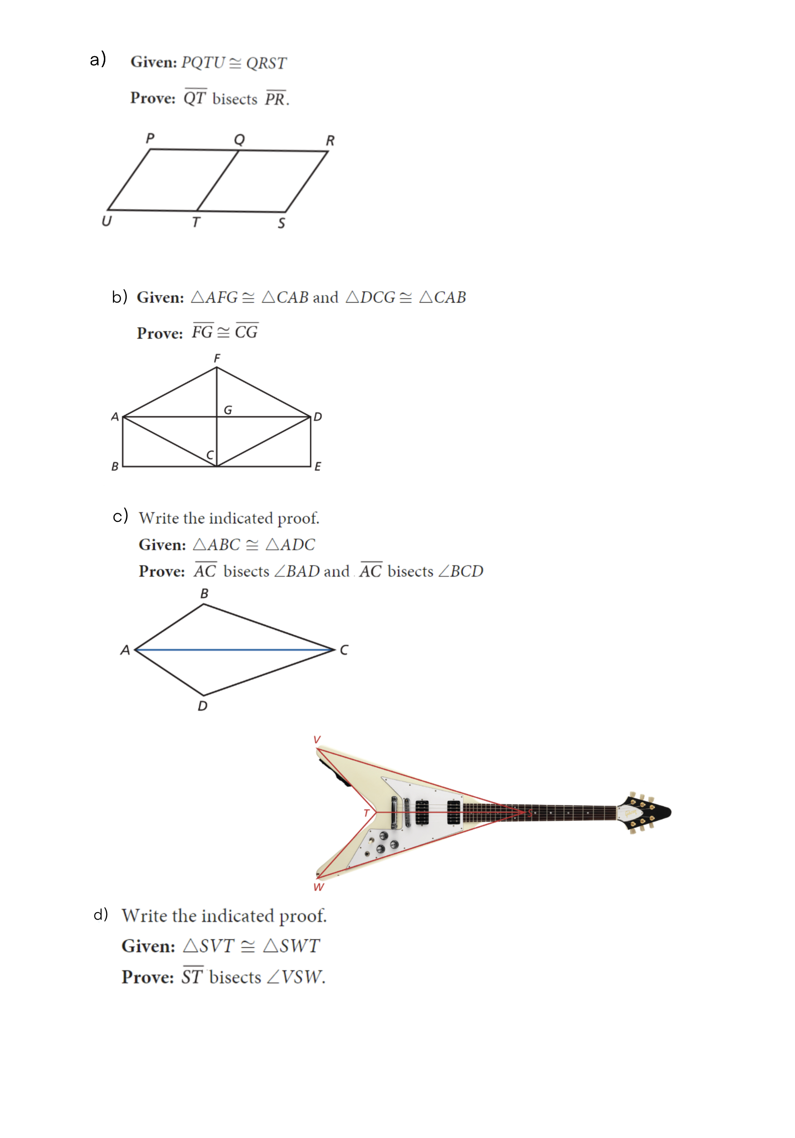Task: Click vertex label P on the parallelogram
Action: click(x=150, y=138)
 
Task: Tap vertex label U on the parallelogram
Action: click(x=107, y=221)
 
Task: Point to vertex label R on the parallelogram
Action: click(x=330, y=141)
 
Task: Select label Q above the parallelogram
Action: click(x=239, y=139)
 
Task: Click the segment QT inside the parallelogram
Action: click(x=218, y=181)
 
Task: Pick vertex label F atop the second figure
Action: click(x=216, y=358)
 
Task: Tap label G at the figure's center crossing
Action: click(x=228, y=410)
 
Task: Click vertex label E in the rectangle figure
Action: click(x=318, y=467)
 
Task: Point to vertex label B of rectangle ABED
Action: click(x=115, y=467)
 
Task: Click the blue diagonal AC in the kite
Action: click(x=233, y=649)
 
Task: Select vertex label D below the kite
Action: click(x=203, y=706)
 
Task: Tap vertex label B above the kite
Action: click(x=204, y=593)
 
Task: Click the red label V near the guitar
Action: click(x=317, y=740)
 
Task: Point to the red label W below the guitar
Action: click(x=318, y=887)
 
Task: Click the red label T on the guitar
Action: click(x=366, y=813)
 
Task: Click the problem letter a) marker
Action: click(x=98, y=59)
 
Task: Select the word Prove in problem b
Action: click(x=160, y=333)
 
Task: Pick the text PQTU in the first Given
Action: click(x=203, y=62)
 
